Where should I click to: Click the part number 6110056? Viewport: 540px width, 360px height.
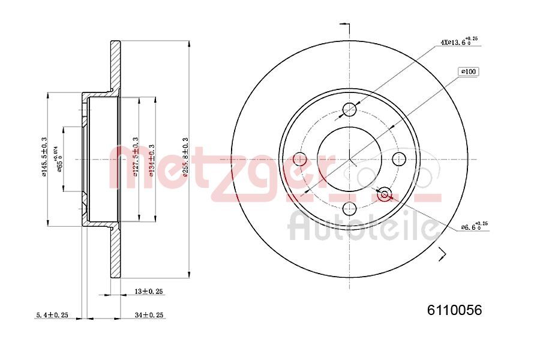coord(454,310)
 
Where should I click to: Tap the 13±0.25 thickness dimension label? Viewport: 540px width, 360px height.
coord(149,291)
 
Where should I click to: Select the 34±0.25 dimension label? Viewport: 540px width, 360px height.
coord(149,314)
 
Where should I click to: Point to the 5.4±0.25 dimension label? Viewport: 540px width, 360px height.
coord(50,314)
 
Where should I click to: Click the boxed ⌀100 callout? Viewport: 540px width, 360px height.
coord(468,72)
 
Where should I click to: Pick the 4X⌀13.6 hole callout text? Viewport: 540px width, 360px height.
coord(459,42)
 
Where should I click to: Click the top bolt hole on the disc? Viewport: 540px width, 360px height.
coord(349,110)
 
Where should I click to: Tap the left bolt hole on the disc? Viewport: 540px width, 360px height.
coord(299,160)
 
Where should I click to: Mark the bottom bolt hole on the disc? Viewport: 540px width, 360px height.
coord(349,209)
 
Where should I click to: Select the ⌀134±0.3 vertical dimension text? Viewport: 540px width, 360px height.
coord(152,158)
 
